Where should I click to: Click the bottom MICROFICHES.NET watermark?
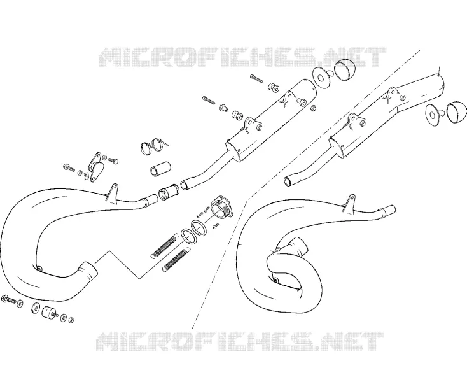point(240,342)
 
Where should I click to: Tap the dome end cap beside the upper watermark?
point(345,70)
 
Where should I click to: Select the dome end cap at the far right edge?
point(456,112)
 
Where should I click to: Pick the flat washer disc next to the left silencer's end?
point(320,78)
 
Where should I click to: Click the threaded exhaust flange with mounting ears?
point(222,208)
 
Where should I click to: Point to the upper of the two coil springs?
point(164,245)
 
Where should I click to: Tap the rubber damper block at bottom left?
point(48,313)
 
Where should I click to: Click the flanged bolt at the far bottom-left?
point(9,299)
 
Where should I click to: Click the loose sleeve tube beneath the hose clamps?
point(160,169)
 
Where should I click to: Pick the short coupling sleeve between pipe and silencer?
point(169,191)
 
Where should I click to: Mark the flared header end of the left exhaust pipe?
point(88,271)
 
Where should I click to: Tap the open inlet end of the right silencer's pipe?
point(288,181)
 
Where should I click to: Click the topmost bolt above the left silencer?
point(256,78)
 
